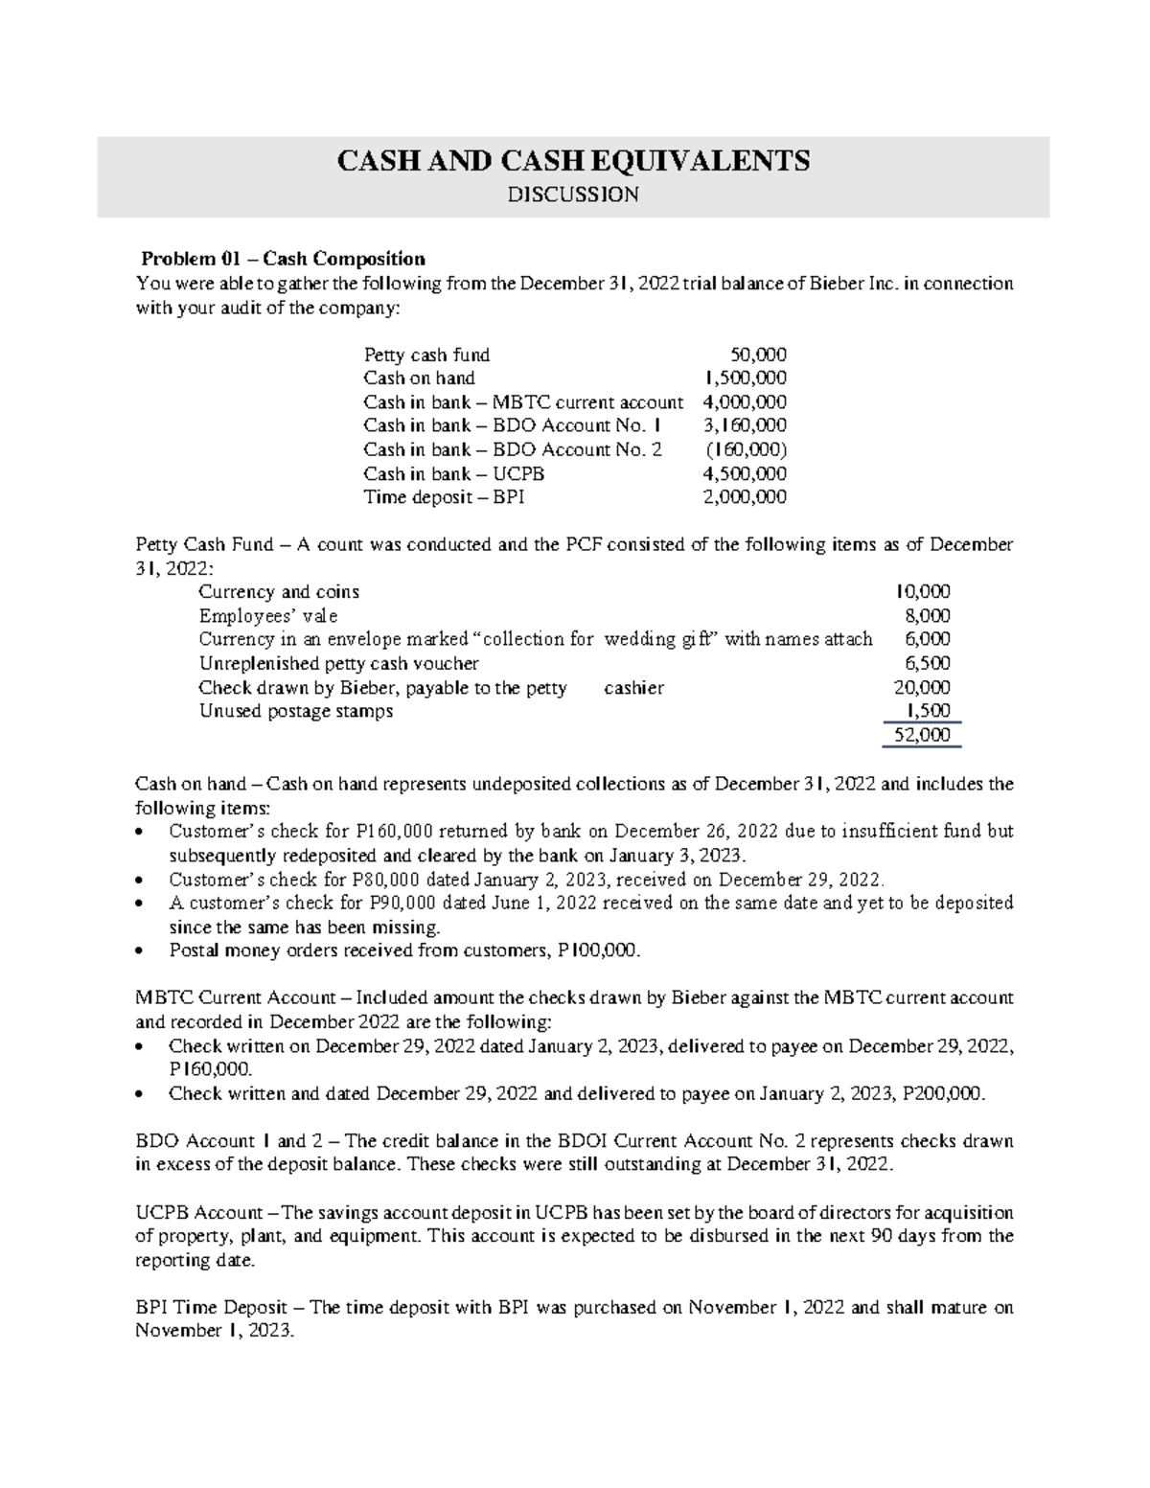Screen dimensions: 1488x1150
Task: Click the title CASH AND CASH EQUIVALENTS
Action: (x=572, y=160)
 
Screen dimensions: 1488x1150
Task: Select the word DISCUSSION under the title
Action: (x=572, y=195)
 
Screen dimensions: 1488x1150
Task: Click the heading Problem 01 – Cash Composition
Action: (x=283, y=259)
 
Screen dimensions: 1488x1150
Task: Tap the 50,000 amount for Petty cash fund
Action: (x=758, y=355)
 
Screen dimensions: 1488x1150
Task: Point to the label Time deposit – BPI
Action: (x=444, y=497)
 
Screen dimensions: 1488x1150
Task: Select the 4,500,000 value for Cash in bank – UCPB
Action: (x=745, y=473)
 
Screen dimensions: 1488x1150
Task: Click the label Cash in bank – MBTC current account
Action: (x=523, y=402)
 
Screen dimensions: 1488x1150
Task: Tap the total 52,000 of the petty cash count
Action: (x=922, y=735)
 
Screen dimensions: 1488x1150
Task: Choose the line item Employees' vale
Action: (x=267, y=616)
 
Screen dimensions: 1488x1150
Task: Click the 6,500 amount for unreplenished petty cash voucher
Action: (x=928, y=663)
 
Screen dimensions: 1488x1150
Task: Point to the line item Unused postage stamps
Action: (x=295, y=711)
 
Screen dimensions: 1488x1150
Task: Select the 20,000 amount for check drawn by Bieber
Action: (x=922, y=687)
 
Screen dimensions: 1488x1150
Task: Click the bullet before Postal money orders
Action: (x=142, y=951)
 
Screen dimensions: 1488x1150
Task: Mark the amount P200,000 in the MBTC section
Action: (x=943, y=1093)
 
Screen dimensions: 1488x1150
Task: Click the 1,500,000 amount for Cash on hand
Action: (x=745, y=378)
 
